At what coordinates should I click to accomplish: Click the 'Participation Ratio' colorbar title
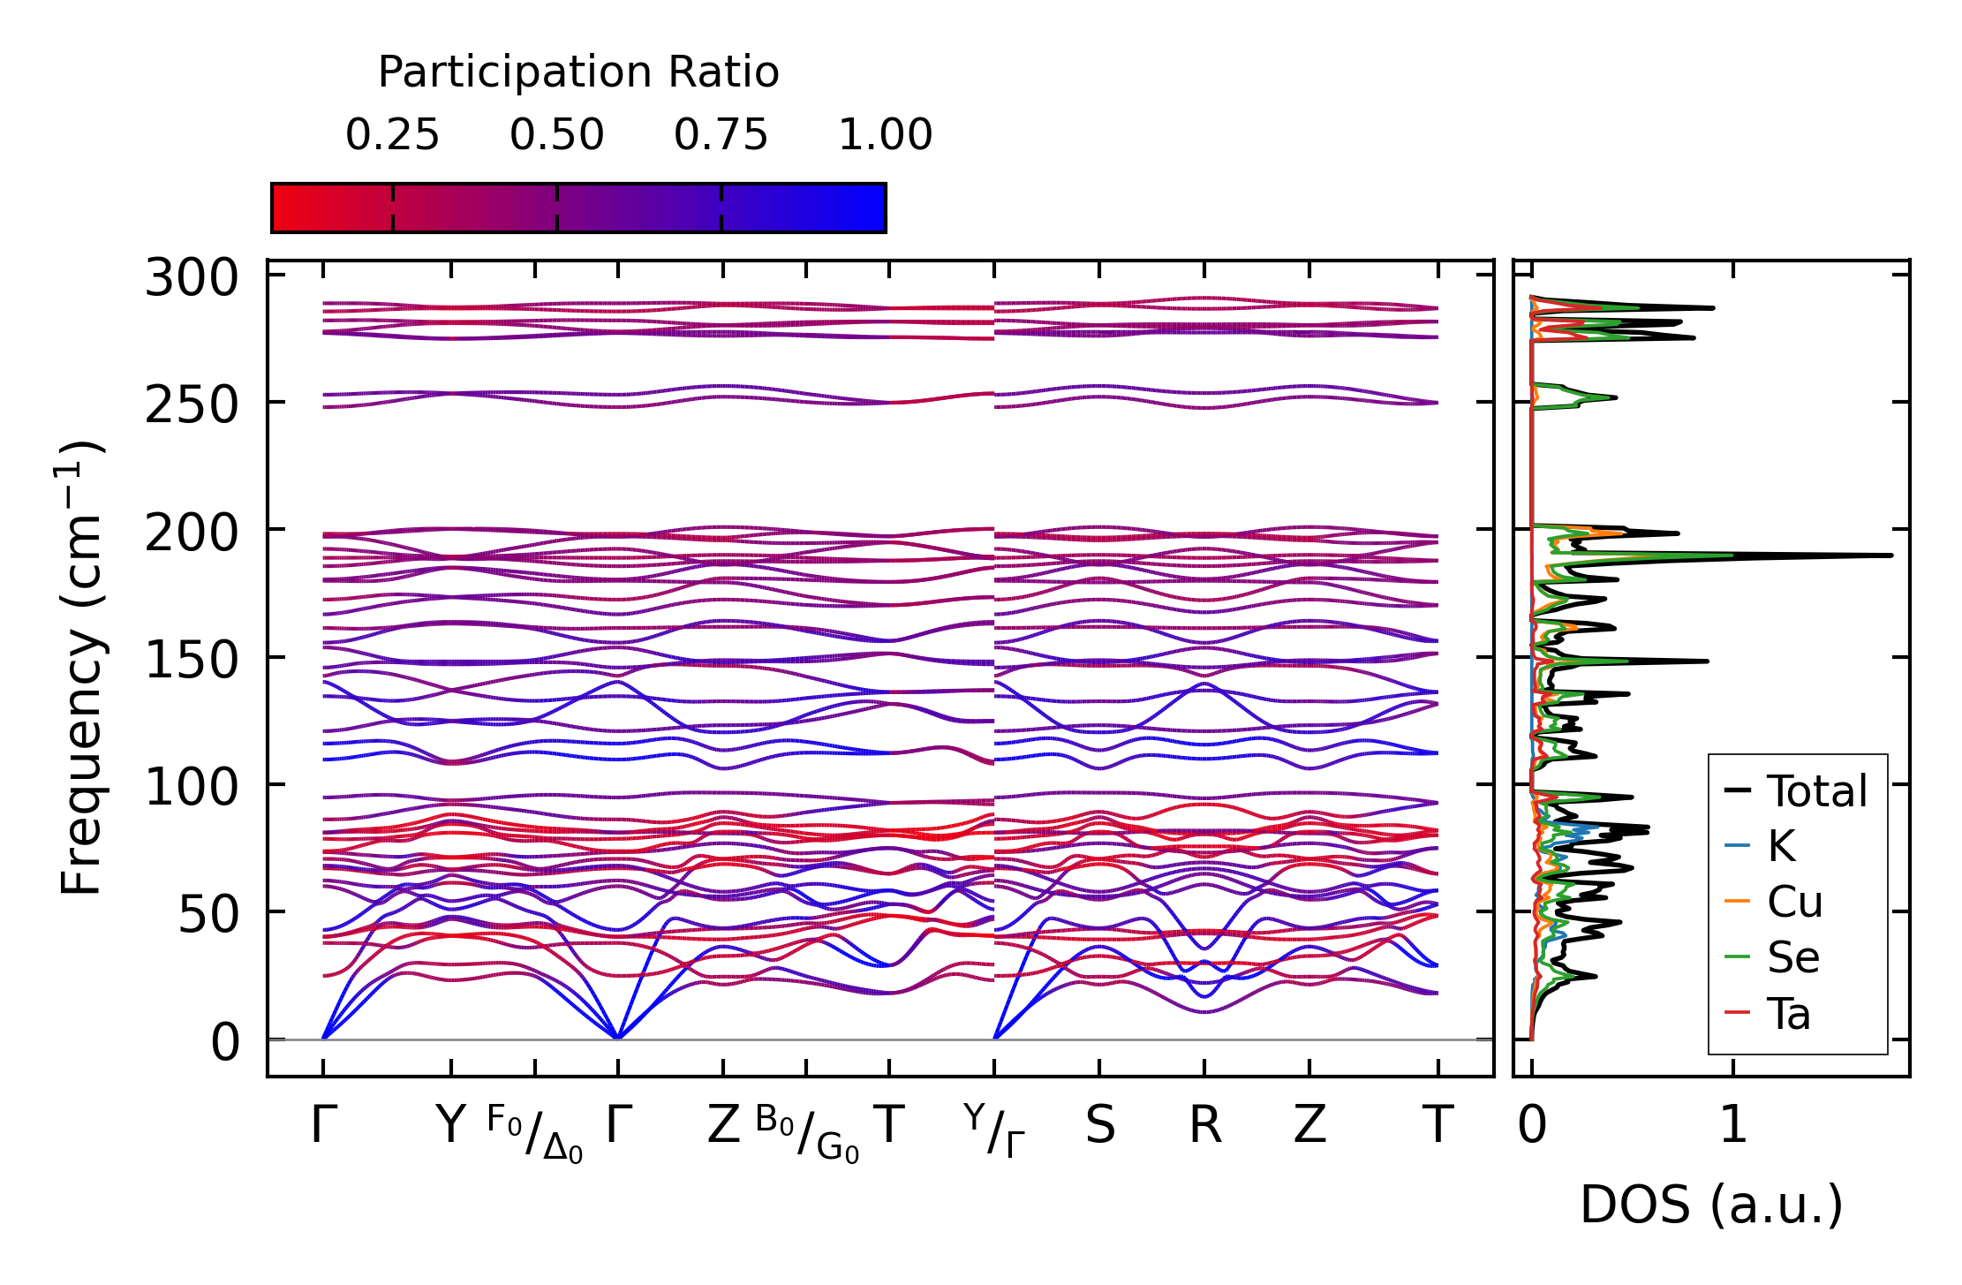point(578,72)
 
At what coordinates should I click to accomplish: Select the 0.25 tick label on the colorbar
point(392,135)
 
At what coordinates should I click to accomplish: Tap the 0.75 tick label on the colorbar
point(721,135)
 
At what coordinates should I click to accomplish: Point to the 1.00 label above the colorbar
point(885,135)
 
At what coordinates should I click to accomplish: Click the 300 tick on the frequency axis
point(192,278)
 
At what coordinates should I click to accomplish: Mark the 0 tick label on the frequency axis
point(225,1043)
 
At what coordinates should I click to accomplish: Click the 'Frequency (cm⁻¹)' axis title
point(81,668)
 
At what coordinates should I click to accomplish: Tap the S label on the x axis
point(1100,1126)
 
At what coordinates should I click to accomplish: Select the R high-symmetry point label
point(1205,1126)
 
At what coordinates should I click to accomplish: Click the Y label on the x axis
point(450,1126)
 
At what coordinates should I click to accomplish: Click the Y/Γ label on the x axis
point(994,1131)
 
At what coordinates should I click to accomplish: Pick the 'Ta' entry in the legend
point(1789,1014)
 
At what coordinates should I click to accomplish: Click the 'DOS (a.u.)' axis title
point(1711,1205)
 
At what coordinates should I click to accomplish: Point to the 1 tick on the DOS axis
point(1733,1126)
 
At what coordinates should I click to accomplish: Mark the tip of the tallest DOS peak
point(1891,556)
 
